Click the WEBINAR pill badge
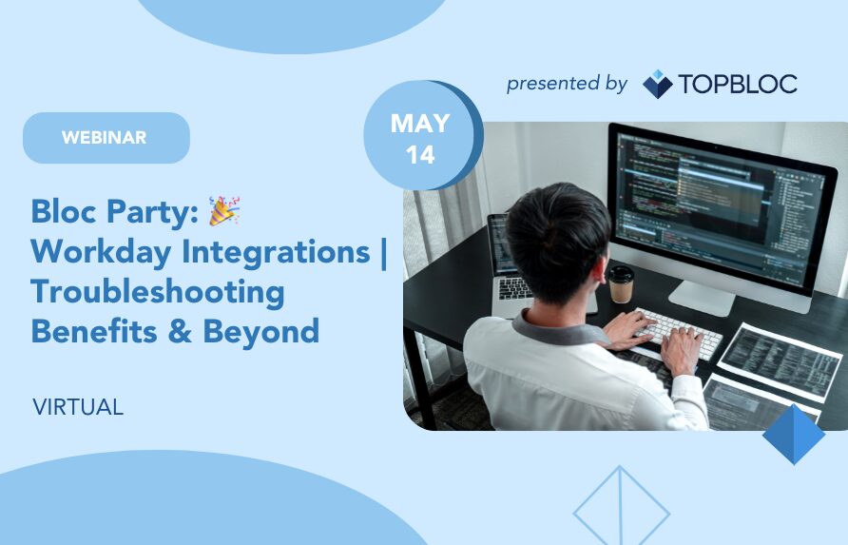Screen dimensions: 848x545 [106, 138]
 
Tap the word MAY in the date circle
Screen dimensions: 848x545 [420, 124]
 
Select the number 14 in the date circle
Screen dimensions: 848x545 [420, 155]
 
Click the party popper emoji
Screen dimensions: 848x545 [224, 210]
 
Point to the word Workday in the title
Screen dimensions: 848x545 [101, 252]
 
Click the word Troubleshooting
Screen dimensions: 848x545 [158, 292]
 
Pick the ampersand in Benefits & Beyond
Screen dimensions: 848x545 [180, 332]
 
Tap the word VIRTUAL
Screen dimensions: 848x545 [78, 407]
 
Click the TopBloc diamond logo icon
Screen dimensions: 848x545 [657, 84]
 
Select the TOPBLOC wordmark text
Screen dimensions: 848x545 [738, 84]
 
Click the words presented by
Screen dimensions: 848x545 [567, 84]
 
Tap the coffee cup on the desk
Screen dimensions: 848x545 [621, 284]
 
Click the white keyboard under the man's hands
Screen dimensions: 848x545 [678, 333]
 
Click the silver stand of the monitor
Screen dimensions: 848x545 [702, 298]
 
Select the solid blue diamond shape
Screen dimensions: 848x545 [794, 434]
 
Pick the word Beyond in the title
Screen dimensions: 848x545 [261, 332]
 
